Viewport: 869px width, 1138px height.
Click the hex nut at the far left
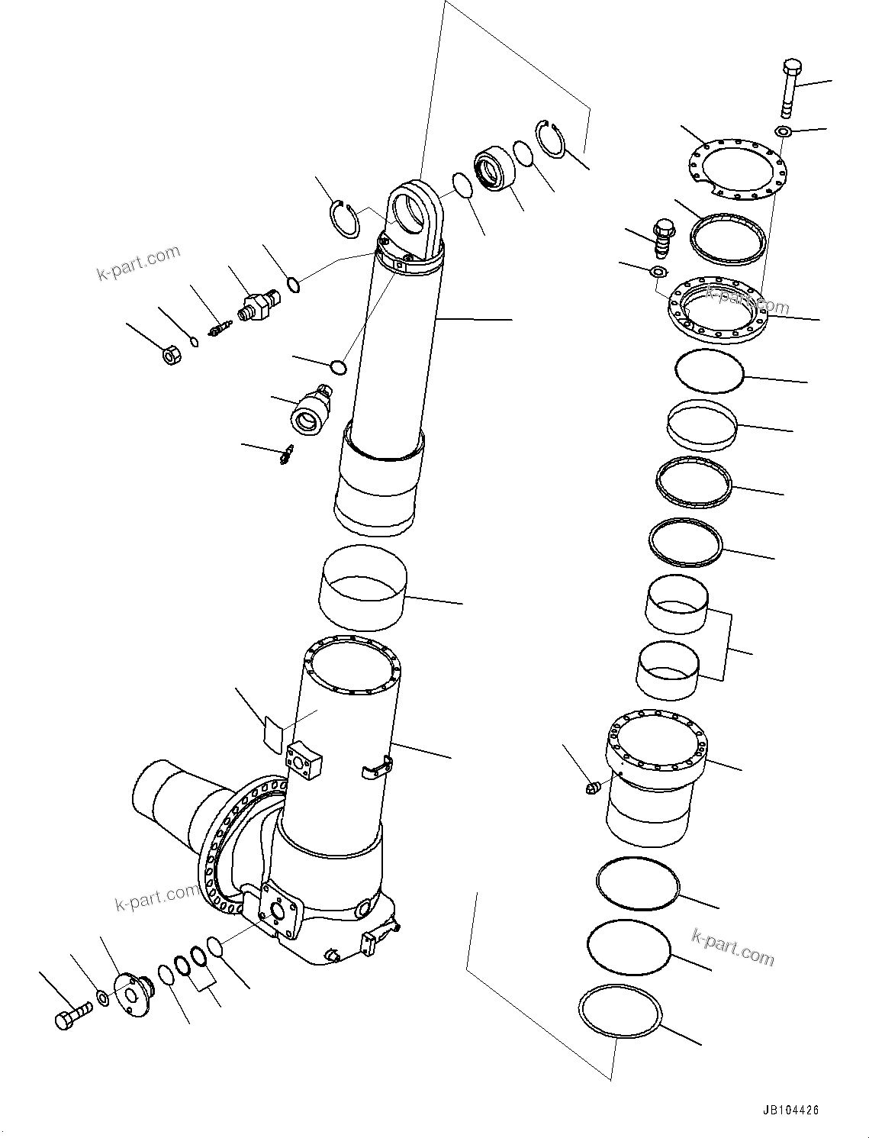172,355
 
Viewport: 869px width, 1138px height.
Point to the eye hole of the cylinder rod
416,210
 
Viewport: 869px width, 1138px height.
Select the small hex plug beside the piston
593,785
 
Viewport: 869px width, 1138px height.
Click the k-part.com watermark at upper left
138,262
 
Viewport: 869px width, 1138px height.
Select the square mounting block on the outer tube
304,761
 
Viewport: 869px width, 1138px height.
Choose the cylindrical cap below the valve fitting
310,414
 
